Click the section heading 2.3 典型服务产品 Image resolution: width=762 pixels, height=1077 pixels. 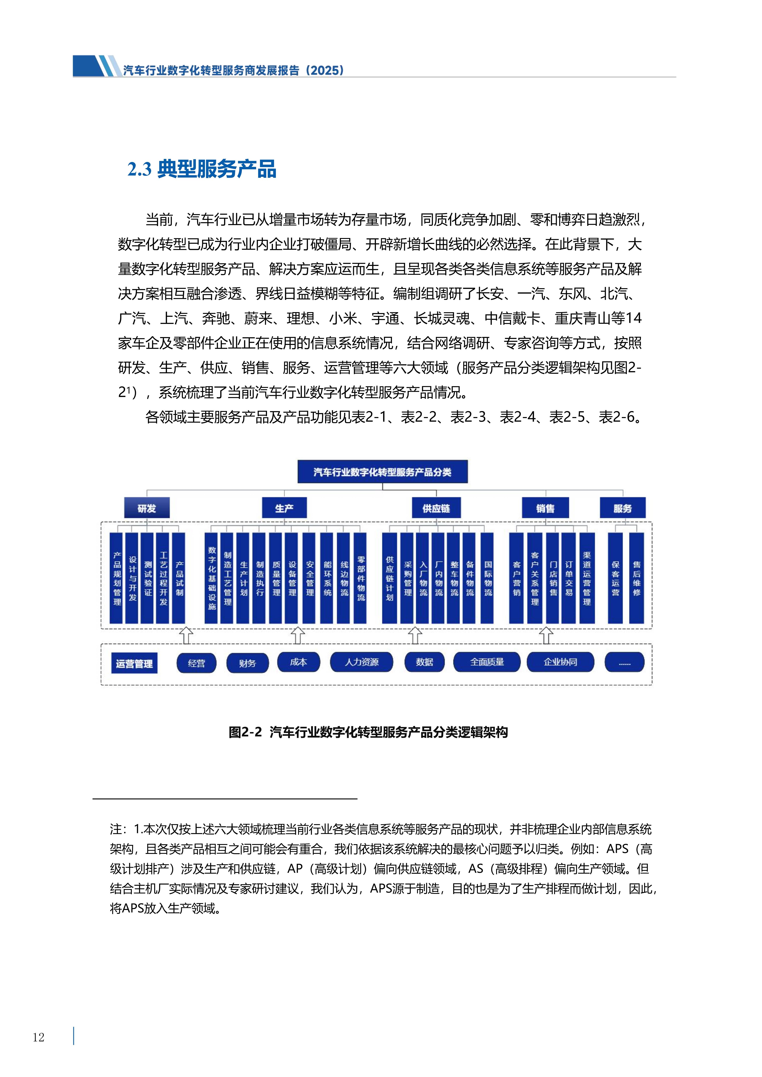(202, 169)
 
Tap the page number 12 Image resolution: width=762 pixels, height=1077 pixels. (38, 1037)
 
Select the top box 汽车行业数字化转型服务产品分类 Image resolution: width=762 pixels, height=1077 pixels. (382, 471)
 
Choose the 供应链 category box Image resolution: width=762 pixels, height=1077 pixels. (436, 508)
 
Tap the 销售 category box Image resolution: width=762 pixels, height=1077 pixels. (545, 508)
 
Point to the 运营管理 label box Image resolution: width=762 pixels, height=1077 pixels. (134, 663)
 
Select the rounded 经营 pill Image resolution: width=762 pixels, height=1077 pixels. (197, 663)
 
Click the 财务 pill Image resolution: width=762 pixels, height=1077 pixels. (247, 663)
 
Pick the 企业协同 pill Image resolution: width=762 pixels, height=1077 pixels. (560, 662)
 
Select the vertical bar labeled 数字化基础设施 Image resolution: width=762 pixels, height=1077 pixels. (212, 578)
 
